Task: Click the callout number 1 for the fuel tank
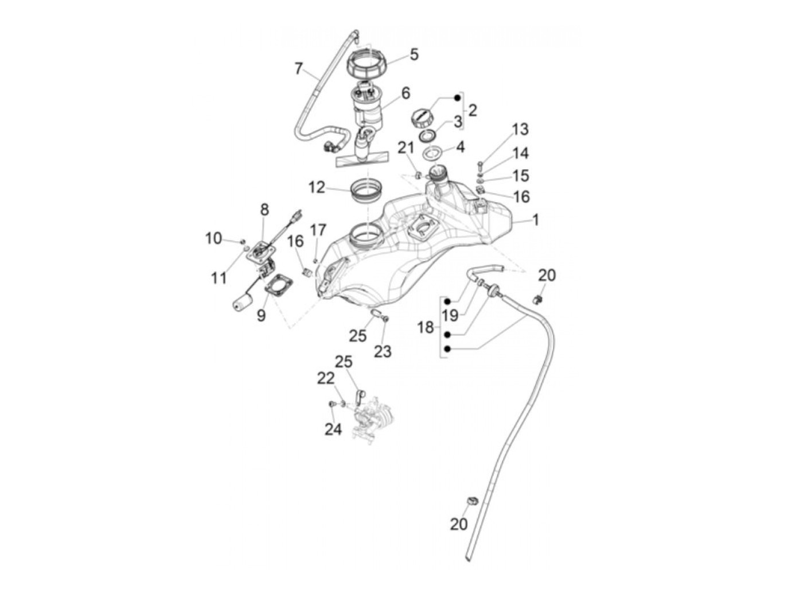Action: pyautogui.click(x=535, y=220)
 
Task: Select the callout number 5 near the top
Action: pyautogui.click(x=414, y=55)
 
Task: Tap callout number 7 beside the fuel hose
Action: pyautogui.click(x=298, y=69)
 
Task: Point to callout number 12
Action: pyautogui.click(x=317, y=188)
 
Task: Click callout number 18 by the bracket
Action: pyautogui.click(x=426, y=327)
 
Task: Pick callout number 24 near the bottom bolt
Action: pyautogui.click(x=333, y=429)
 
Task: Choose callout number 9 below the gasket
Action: pyautogui.click(x=261, y=315)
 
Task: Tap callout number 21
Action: pyautogui.click(x=406, y=148)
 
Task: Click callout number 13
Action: pyautogui.click(x=520, y=129)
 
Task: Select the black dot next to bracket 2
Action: pyautogui.click(x=457, y=98)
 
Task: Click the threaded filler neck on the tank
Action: pyautogui.click(x=440, y=173)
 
